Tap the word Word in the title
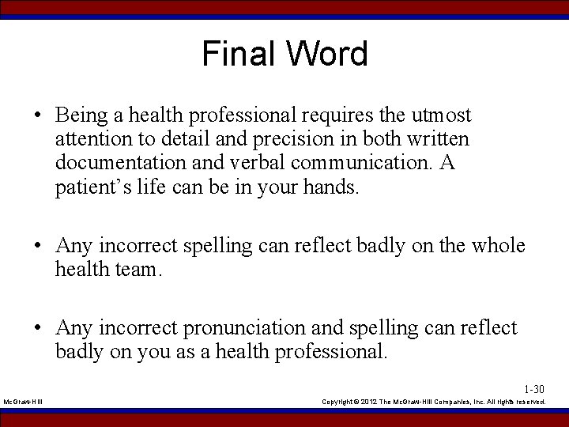326,54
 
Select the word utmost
441,115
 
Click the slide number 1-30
534,389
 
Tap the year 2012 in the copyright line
372,402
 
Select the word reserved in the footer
529,402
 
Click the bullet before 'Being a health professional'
38,116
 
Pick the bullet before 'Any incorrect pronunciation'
38,328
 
